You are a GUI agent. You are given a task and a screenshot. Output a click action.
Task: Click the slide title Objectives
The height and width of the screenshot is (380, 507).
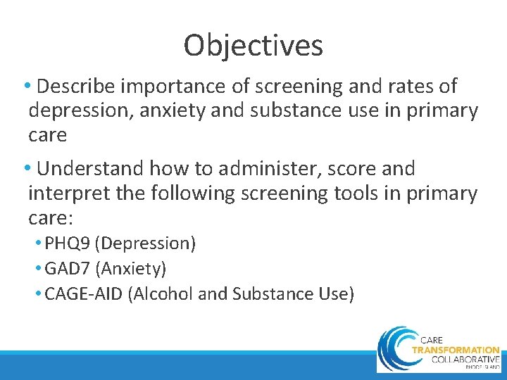point(254,46)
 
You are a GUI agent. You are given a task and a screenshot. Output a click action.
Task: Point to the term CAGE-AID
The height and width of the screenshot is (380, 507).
point(83,293)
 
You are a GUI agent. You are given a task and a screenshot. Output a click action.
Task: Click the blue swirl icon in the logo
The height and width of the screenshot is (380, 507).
point(394,348)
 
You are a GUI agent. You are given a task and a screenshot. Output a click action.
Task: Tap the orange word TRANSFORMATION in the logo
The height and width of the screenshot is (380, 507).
point(455,349)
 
